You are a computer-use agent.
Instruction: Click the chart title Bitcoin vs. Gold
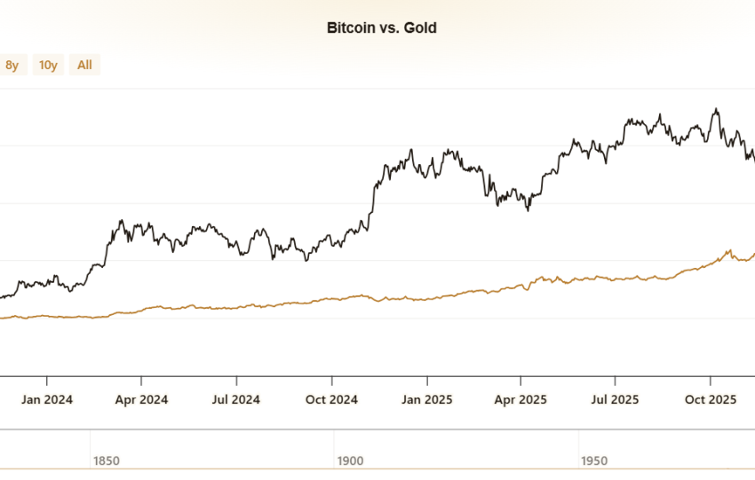(x=381, y=28)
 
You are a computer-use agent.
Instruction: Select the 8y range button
(x=12, y=65)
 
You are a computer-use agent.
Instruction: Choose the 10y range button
(x=48, y=65)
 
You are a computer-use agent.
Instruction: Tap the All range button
(x=84, y=65)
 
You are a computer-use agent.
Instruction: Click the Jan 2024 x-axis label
(x=47, y=399)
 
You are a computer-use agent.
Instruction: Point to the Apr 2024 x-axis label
(x=141, y=399)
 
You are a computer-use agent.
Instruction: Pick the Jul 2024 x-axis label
(x=236, y=399)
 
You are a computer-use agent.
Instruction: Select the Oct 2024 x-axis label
(x=331, y=399)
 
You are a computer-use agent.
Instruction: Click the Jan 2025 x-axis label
(x=427, y=399)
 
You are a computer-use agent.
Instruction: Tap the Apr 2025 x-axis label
(x=521, y=399)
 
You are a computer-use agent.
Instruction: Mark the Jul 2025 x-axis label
(x=615, y=399)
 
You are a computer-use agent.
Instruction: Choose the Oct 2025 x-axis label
(x=711, y=399)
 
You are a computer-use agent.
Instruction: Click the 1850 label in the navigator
(x=107, y=460)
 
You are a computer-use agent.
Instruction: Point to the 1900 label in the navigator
(x=350, y=460)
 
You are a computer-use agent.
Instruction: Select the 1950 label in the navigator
(x=594, y=460)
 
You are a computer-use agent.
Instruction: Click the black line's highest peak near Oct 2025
(x=717, y=109)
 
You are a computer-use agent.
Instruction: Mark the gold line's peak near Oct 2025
(x=730, y=250)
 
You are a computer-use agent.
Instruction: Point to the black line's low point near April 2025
(x=528, y=210)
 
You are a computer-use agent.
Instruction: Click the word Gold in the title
(x=420, y=28)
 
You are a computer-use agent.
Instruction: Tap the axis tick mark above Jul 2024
(x=236, y=381)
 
